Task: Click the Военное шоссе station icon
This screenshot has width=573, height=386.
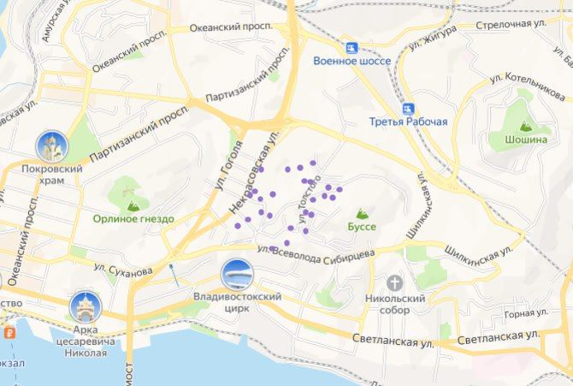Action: [x=351, y=47]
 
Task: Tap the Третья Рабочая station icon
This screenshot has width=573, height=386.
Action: [x=409, y=108]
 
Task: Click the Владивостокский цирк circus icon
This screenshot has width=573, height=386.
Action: [x=236, y=275]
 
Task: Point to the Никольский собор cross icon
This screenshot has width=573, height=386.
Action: [x=395, y=282]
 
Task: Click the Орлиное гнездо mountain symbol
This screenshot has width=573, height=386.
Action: [x=133, y=205]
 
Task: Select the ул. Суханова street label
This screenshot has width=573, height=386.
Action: [x=123, y=270]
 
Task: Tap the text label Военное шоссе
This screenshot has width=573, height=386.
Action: [x=351, y=62]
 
